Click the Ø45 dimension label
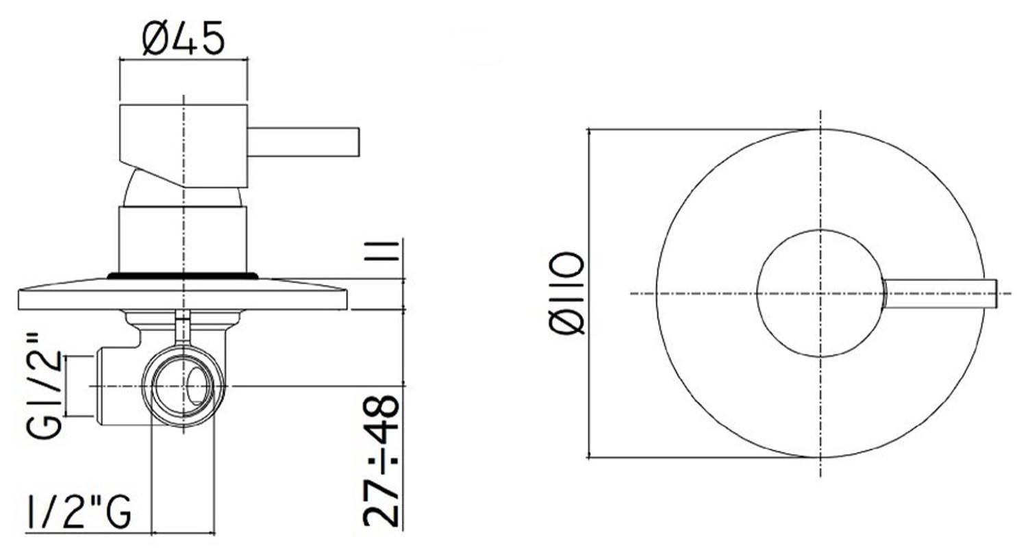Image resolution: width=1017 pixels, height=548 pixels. click(x=184, y=38)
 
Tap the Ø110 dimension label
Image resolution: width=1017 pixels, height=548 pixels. click(x=566, y=294)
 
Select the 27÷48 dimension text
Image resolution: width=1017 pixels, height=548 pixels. click(x=381, y=461)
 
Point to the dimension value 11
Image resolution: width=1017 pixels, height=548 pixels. click(x=381, y=251)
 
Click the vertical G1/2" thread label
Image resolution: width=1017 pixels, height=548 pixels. click(x=44, y=385)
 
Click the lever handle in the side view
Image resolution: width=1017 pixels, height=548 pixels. click(x=303, y=142)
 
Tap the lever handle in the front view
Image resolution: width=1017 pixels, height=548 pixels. click(x=940, y=294)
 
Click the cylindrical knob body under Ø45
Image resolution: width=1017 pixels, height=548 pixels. click(x=184, y=146)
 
